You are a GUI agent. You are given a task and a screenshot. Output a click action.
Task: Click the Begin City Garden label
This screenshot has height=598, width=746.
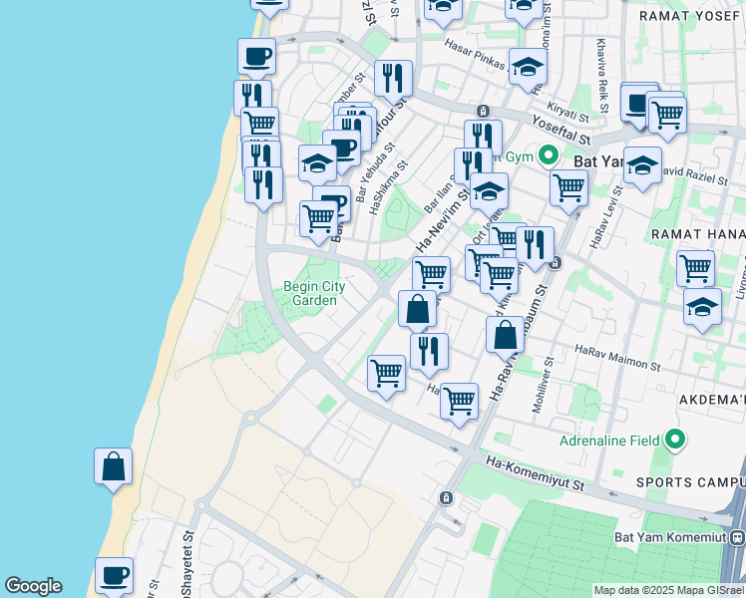(314, 293)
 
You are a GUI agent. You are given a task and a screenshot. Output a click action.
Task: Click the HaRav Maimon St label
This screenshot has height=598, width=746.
(615, 355)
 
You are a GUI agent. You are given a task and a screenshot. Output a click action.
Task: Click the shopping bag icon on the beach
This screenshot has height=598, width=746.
(114, 465)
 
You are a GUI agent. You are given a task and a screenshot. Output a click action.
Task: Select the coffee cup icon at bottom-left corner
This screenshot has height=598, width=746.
(114, 575)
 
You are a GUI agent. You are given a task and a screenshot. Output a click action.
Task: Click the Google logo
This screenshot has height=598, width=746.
(33, 586)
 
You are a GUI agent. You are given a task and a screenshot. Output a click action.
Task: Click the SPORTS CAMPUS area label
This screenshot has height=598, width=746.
(689, 482)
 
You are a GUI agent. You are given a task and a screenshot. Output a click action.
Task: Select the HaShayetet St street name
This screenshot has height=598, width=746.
(188, 542)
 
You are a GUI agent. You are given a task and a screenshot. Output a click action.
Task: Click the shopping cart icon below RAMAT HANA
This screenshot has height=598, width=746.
(695, 267)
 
